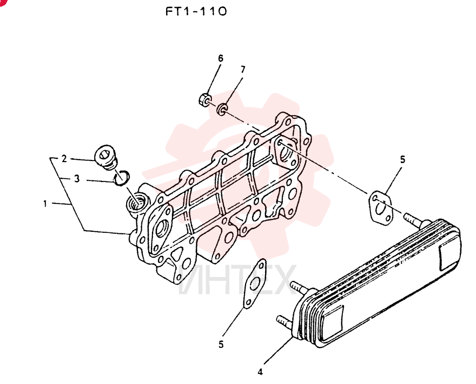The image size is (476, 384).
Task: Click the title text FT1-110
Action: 196,11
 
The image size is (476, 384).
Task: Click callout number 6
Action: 221,58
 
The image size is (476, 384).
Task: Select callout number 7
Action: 243,70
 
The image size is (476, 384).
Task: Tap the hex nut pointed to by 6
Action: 205,99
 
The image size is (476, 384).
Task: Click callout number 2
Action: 64,159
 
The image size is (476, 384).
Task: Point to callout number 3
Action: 77,179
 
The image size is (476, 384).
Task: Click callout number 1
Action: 45,203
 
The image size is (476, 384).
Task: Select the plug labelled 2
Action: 106,157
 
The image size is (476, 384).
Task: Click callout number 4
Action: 260,372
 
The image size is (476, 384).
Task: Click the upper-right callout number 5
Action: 403,159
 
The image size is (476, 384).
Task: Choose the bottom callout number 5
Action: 221,344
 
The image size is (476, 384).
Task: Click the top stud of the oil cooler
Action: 413,220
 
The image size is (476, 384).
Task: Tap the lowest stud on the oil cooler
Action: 284,322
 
